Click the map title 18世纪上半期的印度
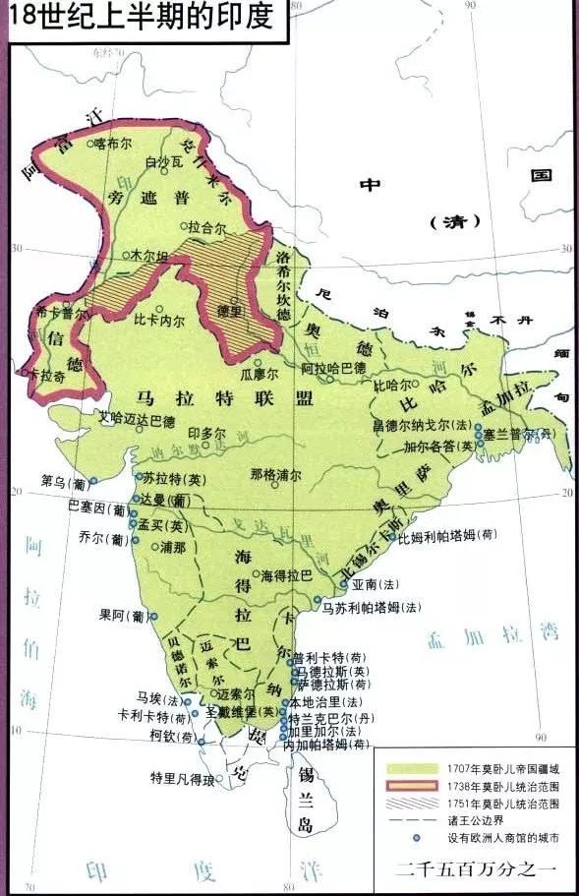point(143,18)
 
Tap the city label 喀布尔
point(112,143)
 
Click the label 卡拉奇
point(46,375)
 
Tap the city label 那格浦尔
point(270,474)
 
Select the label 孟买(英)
point(159,525)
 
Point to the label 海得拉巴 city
point(285,573)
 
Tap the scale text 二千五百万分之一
point(477,868)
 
